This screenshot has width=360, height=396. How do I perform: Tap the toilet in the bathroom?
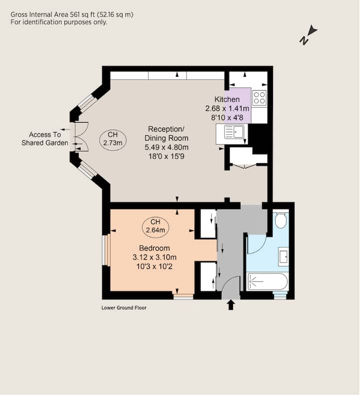coord(280,220)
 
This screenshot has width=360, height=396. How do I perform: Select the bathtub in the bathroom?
coord(267,281)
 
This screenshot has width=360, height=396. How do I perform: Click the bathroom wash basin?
coord(283,257)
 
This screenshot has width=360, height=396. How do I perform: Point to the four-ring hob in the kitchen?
coord(259,98)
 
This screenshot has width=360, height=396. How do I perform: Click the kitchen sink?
coord(232,134)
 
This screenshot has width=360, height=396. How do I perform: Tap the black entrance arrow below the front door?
coord(231,305)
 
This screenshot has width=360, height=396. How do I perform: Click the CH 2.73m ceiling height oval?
coord(113,139)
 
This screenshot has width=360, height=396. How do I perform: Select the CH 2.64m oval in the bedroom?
coord(155,226)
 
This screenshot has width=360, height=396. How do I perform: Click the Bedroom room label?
coord(154,248)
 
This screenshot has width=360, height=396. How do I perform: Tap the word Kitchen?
coord(227,99)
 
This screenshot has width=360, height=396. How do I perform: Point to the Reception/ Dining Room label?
coord(166,134)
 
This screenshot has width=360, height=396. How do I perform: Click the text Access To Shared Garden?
coord(44,139)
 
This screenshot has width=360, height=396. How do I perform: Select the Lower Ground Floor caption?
coord(124,308)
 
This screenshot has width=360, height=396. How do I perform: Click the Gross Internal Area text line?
coord(72,15)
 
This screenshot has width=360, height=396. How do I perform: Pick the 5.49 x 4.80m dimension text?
coord(166,147)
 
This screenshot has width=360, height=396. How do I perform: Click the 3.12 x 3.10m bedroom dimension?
coord(154,257)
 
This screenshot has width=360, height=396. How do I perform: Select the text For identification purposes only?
coord(59,22)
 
